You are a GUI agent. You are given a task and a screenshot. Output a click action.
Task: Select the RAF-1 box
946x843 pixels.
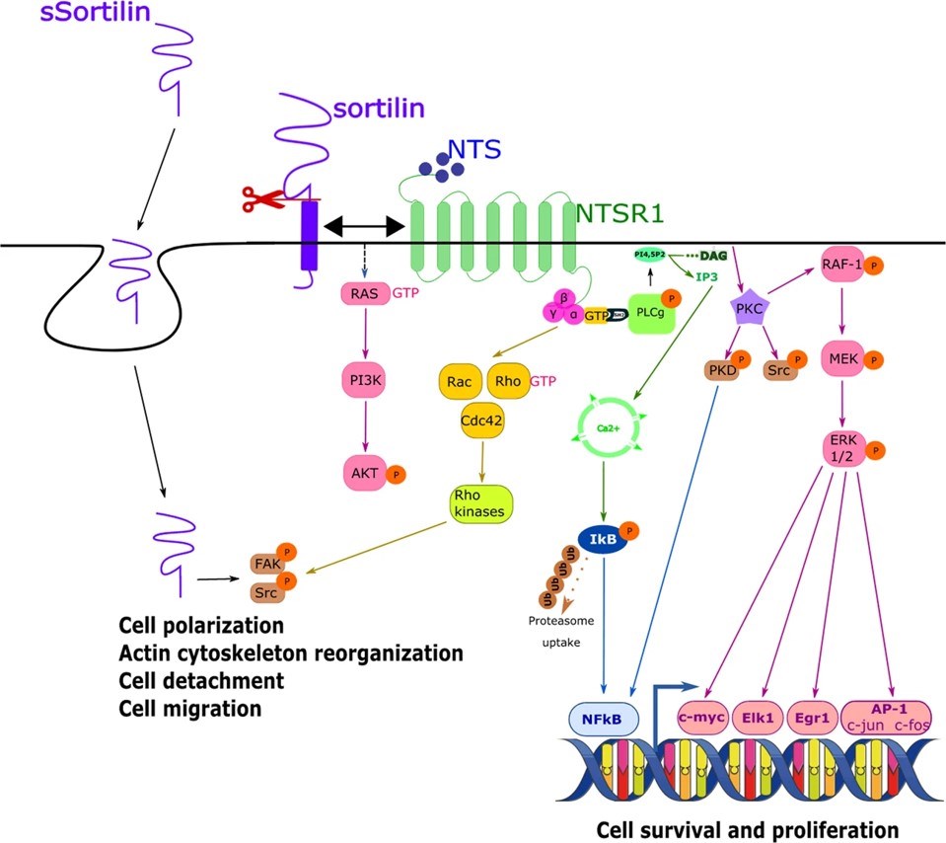(x=846, y=265)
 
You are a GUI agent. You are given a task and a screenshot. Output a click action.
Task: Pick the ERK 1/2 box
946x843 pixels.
(x=846, y=446)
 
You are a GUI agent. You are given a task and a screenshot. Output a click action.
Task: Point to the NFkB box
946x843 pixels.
(x=608, y=716)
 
